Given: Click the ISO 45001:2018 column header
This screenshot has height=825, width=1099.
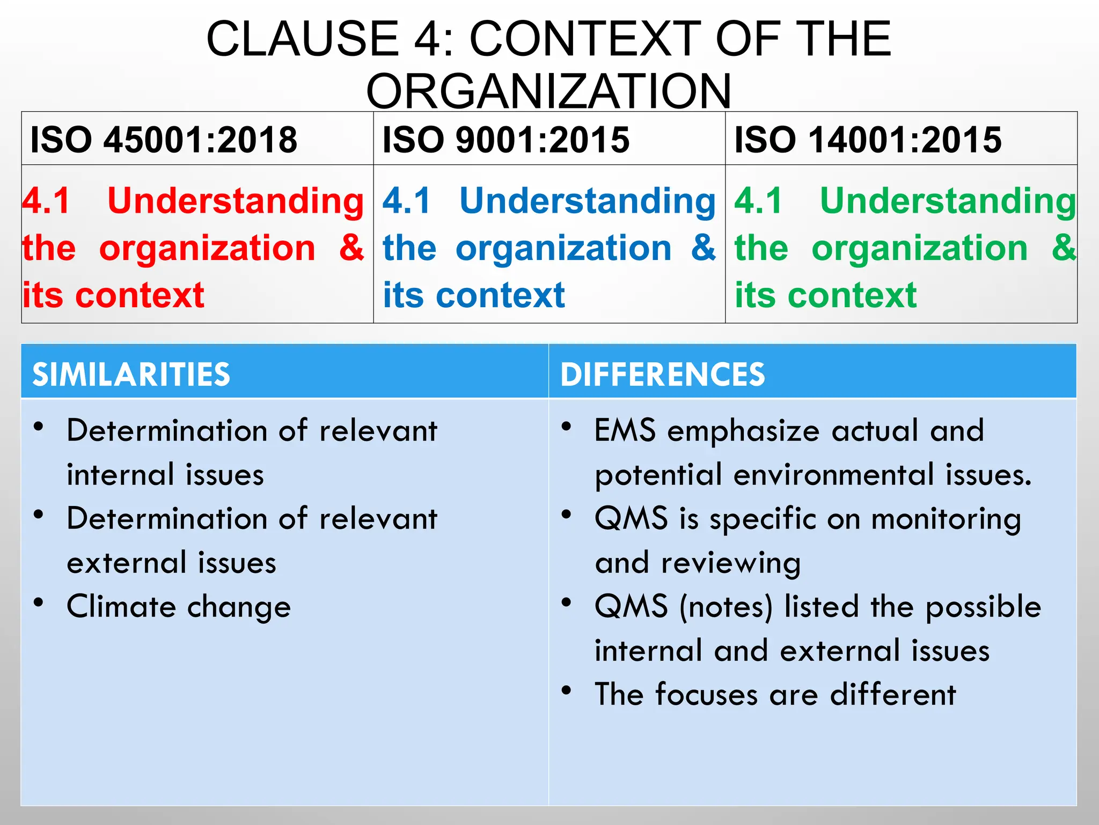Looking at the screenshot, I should click(x=164, y=140).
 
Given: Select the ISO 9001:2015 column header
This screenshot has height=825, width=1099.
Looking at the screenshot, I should click(x=505, y=140).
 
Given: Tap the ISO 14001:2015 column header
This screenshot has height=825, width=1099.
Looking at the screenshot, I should click(x=868, y=140).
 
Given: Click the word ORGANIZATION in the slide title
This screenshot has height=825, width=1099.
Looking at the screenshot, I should click(x=548, y=91).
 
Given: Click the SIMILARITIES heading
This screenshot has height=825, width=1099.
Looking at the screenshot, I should click(x=131, y=374).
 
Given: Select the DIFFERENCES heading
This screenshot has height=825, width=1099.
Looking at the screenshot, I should click(x=663, y=374).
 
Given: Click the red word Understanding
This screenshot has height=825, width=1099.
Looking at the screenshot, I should click(x=236, y=201).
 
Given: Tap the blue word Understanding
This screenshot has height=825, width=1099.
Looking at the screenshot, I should click(x=588, y=201).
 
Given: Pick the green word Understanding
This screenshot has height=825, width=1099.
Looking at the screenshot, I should click(x=948, y=201).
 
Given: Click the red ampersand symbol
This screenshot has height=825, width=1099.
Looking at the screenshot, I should click(x=351, y=248).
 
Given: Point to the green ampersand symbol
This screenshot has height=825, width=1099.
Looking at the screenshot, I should click(x=1064, y=248).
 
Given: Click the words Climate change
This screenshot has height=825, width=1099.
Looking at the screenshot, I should click(x=179, y=607).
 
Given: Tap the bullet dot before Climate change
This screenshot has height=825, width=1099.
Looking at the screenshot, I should click(x=38, y=603).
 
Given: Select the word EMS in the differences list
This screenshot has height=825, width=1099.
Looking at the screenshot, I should click(x=625, y=431).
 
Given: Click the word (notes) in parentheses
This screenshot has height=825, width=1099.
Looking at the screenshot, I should click(x=726, y=607).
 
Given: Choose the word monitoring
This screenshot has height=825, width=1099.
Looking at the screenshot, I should click(x=946, y=520).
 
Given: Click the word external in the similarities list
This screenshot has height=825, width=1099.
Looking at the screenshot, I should click(x=126, y=563).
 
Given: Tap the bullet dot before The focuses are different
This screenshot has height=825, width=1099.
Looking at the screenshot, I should click(x=566, y=690).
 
